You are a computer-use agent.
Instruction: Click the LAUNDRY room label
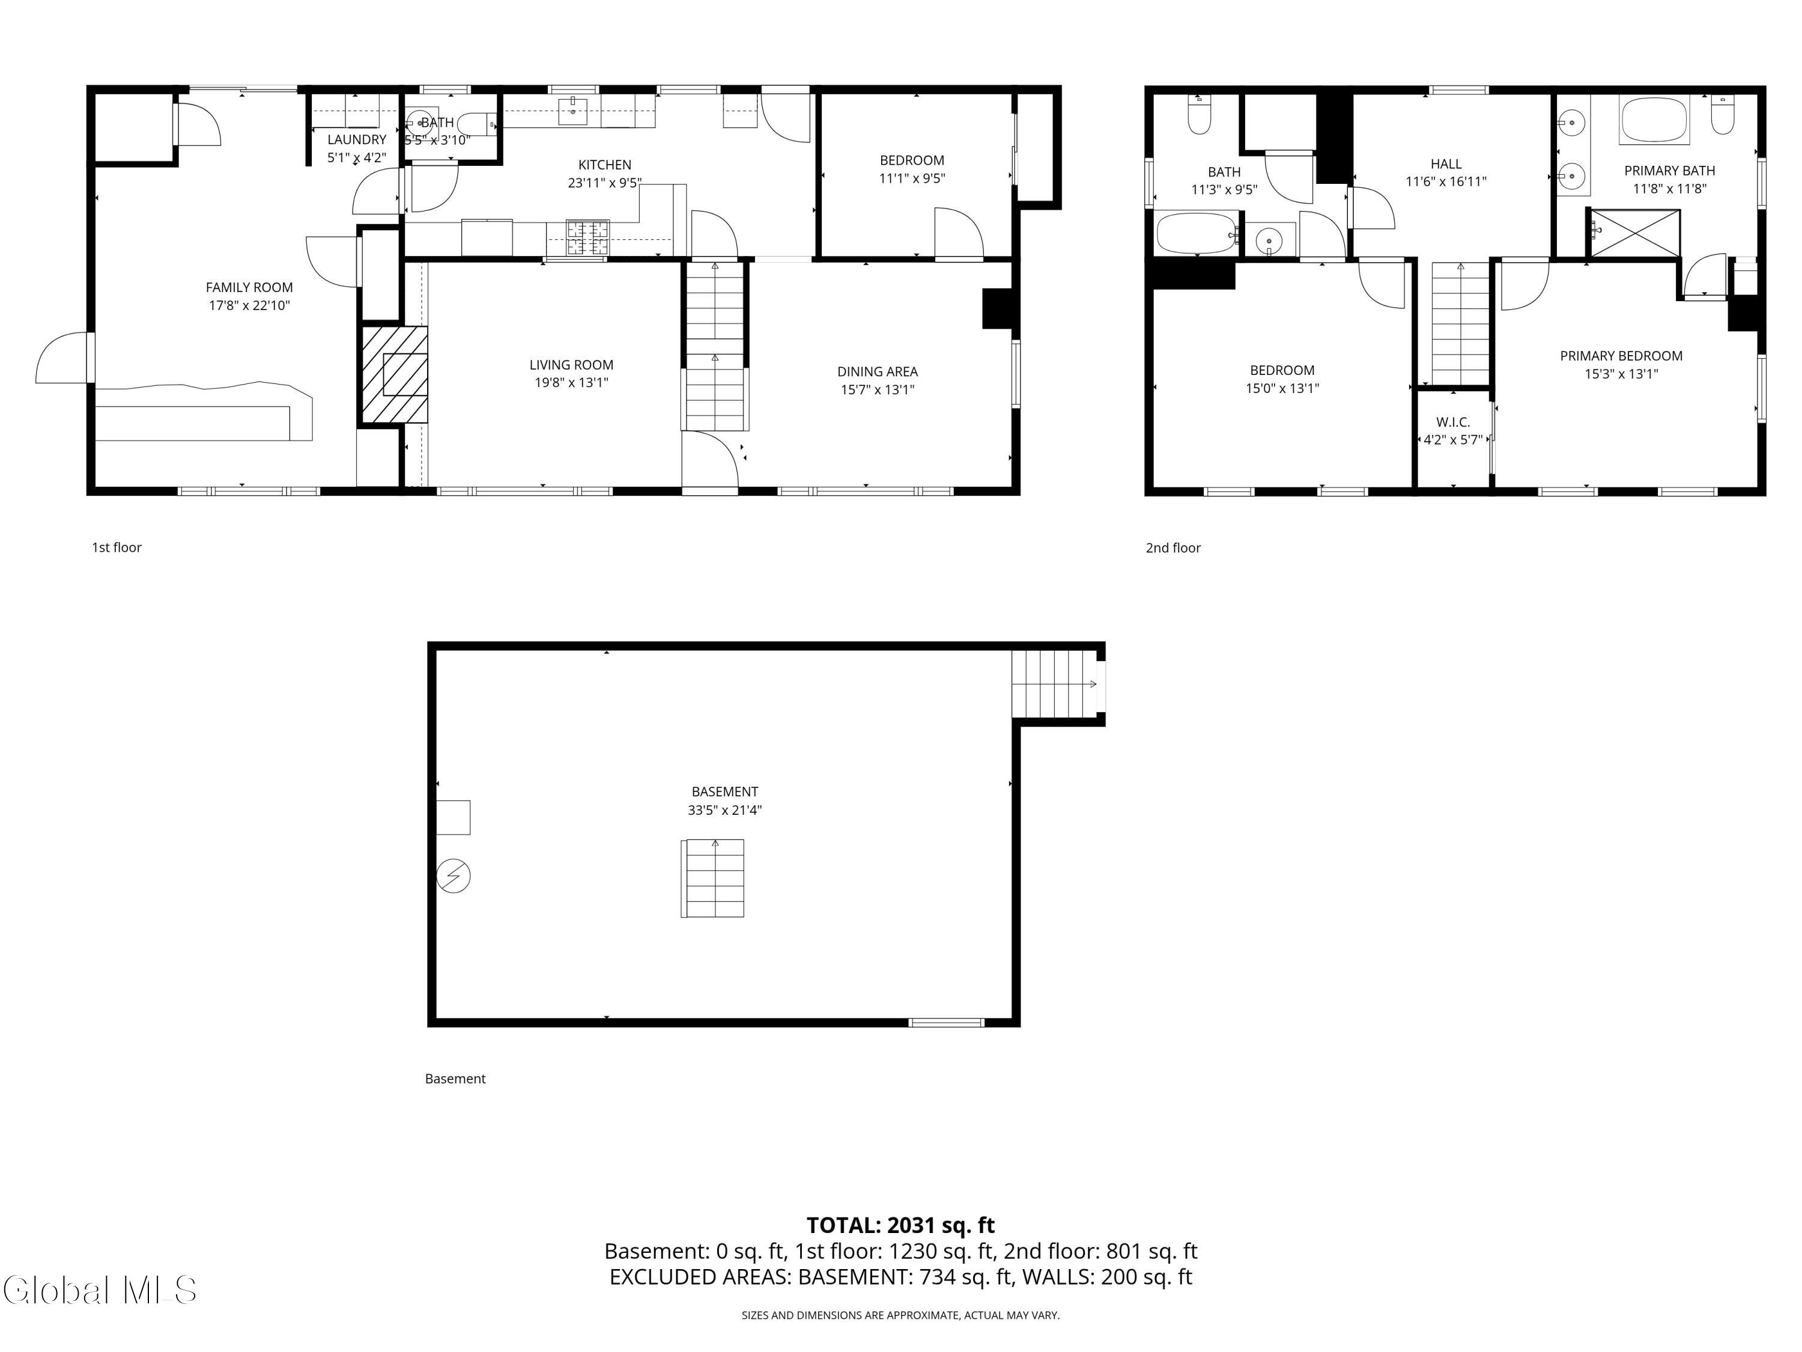point(357,140)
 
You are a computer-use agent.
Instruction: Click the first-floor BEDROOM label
point(912,160)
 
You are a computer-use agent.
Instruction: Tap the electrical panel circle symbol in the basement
point(454,876)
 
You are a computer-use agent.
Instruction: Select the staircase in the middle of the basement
point(713,878)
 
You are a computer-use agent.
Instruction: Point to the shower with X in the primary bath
point(1634,233)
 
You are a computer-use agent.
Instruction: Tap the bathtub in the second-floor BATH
point(1195,234)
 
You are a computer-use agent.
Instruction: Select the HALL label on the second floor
point(1446,164)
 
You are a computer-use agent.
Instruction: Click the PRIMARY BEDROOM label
point(1621,356)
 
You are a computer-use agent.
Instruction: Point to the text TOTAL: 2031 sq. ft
point(900,1225)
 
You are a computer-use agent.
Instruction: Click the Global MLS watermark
point(99,1290)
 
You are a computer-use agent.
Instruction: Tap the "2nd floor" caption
point(1173,547)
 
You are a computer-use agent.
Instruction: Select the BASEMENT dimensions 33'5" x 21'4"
point(724,810)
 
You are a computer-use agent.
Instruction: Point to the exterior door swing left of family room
point(62,359)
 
